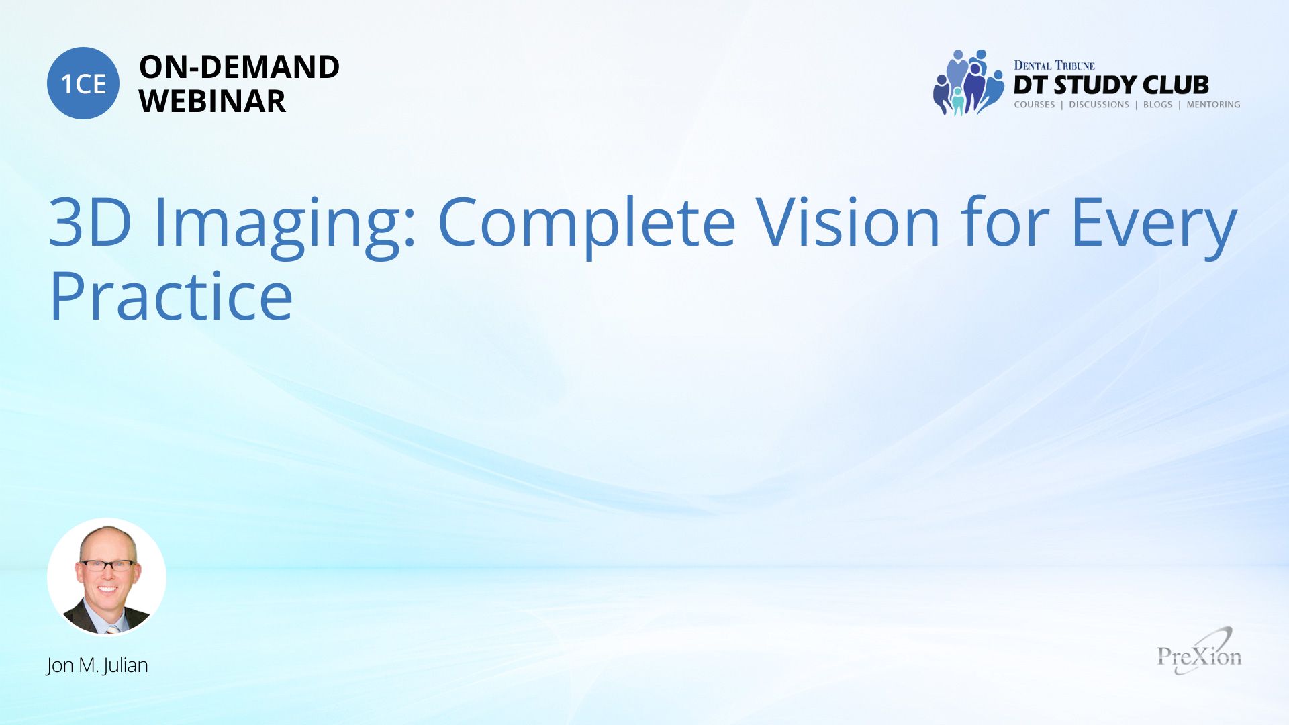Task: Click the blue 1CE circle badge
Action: [x=83, y=83]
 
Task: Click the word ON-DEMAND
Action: [x=239, y=67]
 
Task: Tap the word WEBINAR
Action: [x=212, y=101]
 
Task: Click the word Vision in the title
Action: [x=848, y=222]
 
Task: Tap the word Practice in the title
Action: [x=171, y=295]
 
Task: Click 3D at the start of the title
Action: [x=90, y=222]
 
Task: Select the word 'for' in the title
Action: [x=1005, y=221]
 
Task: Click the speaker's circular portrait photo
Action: [x=107, y=577]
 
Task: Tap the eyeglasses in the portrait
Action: [x=107, y=565]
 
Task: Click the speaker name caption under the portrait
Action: [x=97, y=665]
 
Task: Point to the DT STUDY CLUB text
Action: [x=1111, y=85]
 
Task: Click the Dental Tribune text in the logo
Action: [x=1054, y=66]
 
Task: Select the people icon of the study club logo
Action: [x=968, y=83]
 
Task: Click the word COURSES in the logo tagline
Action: [x=1035, y=105]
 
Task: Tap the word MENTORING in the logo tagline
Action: [x=1213, y=105]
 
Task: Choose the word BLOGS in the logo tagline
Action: [x=1157, y=105]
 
